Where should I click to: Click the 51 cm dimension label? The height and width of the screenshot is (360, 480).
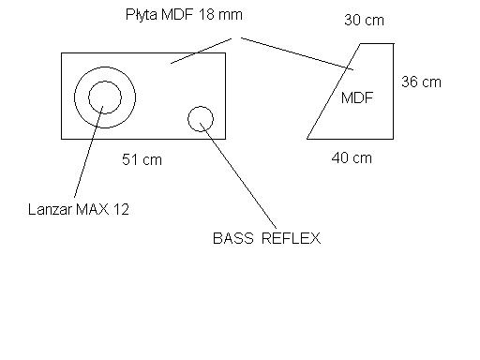[142, 159]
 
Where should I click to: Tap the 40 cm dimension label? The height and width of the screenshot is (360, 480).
[352, 157]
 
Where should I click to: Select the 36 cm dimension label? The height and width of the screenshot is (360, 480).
[421, 82]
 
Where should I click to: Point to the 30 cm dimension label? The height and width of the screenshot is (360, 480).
[364, 21]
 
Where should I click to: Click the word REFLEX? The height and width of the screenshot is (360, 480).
[291, 238]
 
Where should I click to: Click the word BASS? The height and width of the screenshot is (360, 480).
[233, 238]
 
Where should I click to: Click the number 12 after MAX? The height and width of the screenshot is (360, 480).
[122, 209]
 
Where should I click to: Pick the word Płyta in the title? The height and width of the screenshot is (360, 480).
[142, 15]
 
